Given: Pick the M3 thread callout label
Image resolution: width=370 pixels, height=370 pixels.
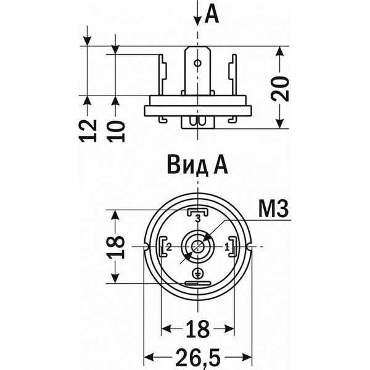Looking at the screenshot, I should click(x=273, y=210).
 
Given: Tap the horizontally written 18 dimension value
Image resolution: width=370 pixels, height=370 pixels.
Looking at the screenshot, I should click(x=197, y=329).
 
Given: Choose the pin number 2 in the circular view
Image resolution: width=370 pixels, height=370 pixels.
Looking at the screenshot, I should click(x=168, y=247).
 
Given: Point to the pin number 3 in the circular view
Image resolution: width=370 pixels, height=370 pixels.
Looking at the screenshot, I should click(x=197, y=219).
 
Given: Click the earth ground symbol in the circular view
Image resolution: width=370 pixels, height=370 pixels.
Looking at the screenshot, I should click(x=197, y=273).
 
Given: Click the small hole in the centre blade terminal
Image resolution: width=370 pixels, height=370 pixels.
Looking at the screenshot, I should click(x=197, y=62).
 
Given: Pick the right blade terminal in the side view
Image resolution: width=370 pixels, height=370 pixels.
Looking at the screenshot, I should click(x=233, y=74).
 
